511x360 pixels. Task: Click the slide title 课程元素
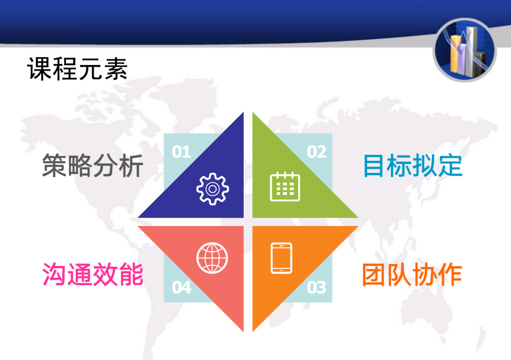click(77, 68)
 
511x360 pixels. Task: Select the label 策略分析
click(93, 165)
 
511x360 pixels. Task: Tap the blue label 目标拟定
click(413, 165)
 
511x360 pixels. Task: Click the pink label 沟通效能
click(93, 274)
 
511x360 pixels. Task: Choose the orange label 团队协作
click(412, 275)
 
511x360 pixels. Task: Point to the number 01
click(182, 152)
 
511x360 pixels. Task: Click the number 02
click(317, 152)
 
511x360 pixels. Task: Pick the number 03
click(317, 288)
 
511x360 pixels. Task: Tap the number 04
click(182, 288)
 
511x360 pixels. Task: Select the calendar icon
click(285, 187)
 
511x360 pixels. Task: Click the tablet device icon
click(282, 258)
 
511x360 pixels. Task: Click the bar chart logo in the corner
click(464, 50)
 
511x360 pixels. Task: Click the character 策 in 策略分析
click(55, 165)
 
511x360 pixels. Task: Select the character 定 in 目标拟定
click(450, 165)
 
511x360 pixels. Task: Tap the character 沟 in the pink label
click(55, 274)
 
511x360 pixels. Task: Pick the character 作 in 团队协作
click(450, 275)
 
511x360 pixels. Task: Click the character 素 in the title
click(116, 68)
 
